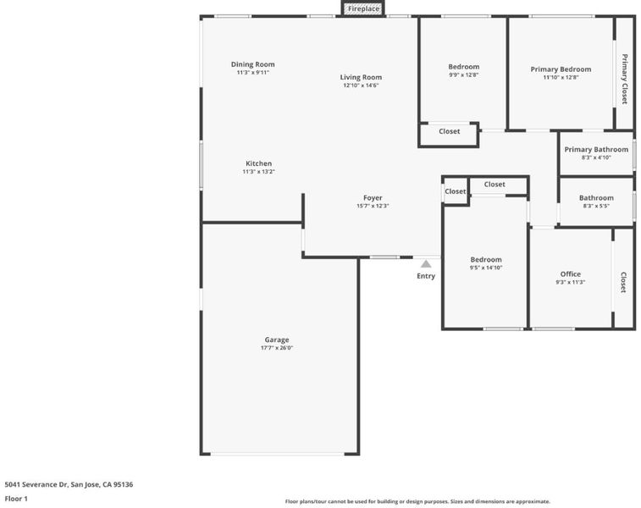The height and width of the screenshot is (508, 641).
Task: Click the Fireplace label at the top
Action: pos(363,8)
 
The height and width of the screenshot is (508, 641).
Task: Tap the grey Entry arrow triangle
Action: pos(426,264)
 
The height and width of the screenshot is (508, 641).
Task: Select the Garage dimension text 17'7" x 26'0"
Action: pos(277,348)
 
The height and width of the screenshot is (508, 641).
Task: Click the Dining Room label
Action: pos(252,64)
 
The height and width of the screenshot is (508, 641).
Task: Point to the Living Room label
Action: pos(361,77)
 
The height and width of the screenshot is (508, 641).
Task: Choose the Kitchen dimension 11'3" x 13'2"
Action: pos(258,172)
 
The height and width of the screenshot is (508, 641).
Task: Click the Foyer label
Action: pos(373,198)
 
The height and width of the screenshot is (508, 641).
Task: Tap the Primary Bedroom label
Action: pos(561,69)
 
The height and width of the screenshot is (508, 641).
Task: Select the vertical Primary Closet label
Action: pos(625,79)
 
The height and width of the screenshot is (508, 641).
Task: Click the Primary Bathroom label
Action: pos(596,150)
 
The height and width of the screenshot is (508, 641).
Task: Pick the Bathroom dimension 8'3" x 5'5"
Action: pos(596,206)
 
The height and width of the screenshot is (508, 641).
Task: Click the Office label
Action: pos(570,274)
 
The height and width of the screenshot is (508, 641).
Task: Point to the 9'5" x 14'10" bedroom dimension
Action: pos(486,268)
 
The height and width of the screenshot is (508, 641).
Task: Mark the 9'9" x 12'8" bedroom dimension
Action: pos(463,75)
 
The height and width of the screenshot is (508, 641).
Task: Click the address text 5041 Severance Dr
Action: pos(36,484)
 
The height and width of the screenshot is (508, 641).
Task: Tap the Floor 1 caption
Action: pos(16,499)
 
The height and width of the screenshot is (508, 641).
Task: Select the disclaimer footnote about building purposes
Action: pos(417,501)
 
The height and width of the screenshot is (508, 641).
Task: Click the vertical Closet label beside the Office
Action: pos(623,283)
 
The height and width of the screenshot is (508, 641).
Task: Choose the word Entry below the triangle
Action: pos(426,276)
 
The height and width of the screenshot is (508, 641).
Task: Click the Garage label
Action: pos(277,340)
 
